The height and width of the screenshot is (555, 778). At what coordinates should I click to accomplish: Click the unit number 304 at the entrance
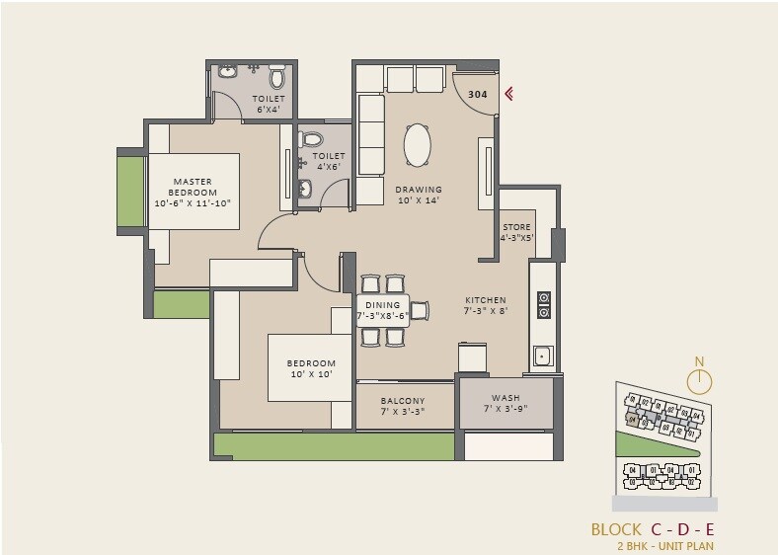coord(477,95)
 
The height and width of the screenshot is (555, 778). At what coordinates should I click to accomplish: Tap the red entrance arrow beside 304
coord(509,95)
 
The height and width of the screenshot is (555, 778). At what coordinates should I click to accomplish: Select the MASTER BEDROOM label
coord(193,193)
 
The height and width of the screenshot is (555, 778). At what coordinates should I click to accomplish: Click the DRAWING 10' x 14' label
coord(419,195)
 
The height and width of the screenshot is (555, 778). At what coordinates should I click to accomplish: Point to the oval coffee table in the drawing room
coord(418,146)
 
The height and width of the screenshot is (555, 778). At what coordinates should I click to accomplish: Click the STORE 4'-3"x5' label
coord(516,233)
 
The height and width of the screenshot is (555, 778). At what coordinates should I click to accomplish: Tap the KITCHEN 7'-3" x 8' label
coord(486,305)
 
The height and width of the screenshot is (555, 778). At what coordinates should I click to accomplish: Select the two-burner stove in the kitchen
coord(542,305)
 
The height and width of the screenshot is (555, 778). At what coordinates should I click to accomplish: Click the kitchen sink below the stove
coord(542,356)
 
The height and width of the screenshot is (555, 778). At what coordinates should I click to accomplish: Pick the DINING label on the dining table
coord(381,310)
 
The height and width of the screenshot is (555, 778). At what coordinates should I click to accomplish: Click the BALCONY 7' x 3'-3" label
coord(403,406)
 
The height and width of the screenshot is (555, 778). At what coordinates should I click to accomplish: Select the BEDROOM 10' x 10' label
coord(311,369)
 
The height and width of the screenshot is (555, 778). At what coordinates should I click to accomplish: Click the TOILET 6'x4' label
coord(269,104)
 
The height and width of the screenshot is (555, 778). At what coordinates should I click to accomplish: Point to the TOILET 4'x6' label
coord(329,161)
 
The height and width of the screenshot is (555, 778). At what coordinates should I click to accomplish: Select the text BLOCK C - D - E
coord(652,528)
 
